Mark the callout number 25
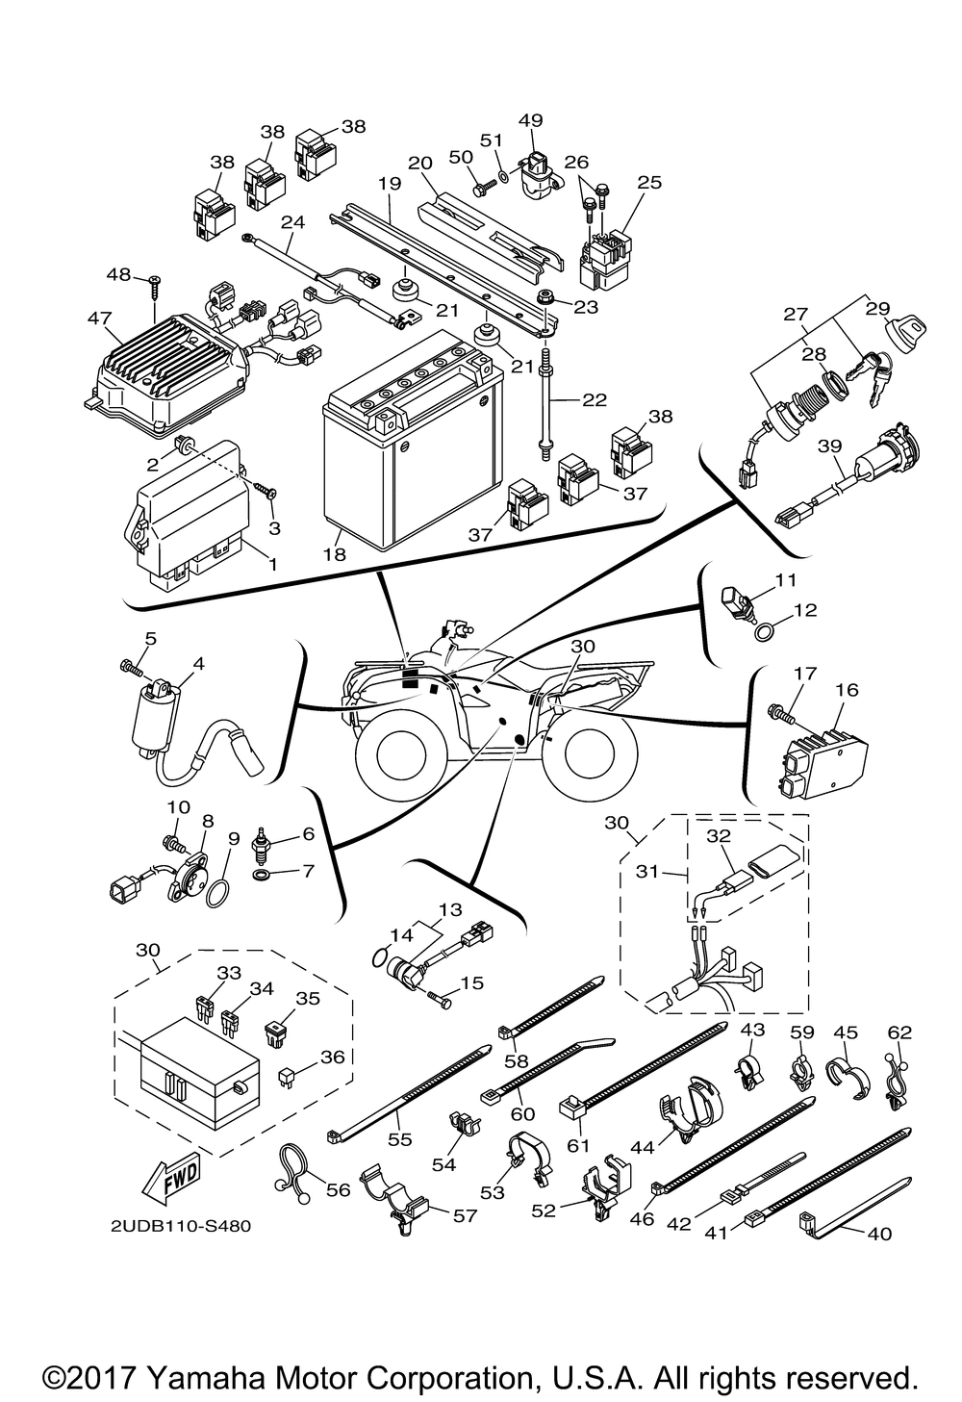point(649,181)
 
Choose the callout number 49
point(530,120)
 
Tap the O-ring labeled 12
point(763,632)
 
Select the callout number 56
point(338,1190)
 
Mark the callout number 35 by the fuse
point(307,1000)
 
